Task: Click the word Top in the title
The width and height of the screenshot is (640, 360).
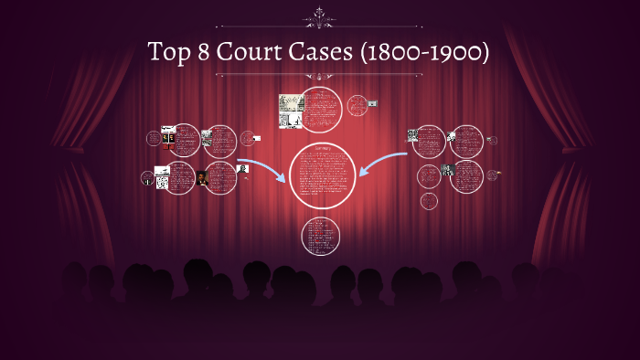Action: [x=168, y=53]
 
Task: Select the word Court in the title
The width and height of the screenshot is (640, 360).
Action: [x=250, y=53]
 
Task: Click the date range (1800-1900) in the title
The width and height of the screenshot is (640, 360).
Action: [x=424, y=53]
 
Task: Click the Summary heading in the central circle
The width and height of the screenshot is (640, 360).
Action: [x=321, y=148]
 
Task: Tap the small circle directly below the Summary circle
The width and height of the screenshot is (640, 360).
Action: [x=320, y=236]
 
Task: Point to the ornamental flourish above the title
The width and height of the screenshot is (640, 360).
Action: [x=320, y=15]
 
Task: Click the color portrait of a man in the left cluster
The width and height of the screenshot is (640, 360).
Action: [x=202, y=177]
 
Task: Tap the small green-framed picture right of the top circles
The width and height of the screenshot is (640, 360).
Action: [x=372, y=103]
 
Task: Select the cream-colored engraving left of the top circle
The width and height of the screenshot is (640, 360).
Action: [x=292, y=110]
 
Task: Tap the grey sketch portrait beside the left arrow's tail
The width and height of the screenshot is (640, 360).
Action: [x=244, y=168]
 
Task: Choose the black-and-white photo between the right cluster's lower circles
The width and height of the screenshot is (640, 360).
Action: [x=448, y=170]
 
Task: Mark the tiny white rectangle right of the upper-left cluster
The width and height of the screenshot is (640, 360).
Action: [x=257, y=139]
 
